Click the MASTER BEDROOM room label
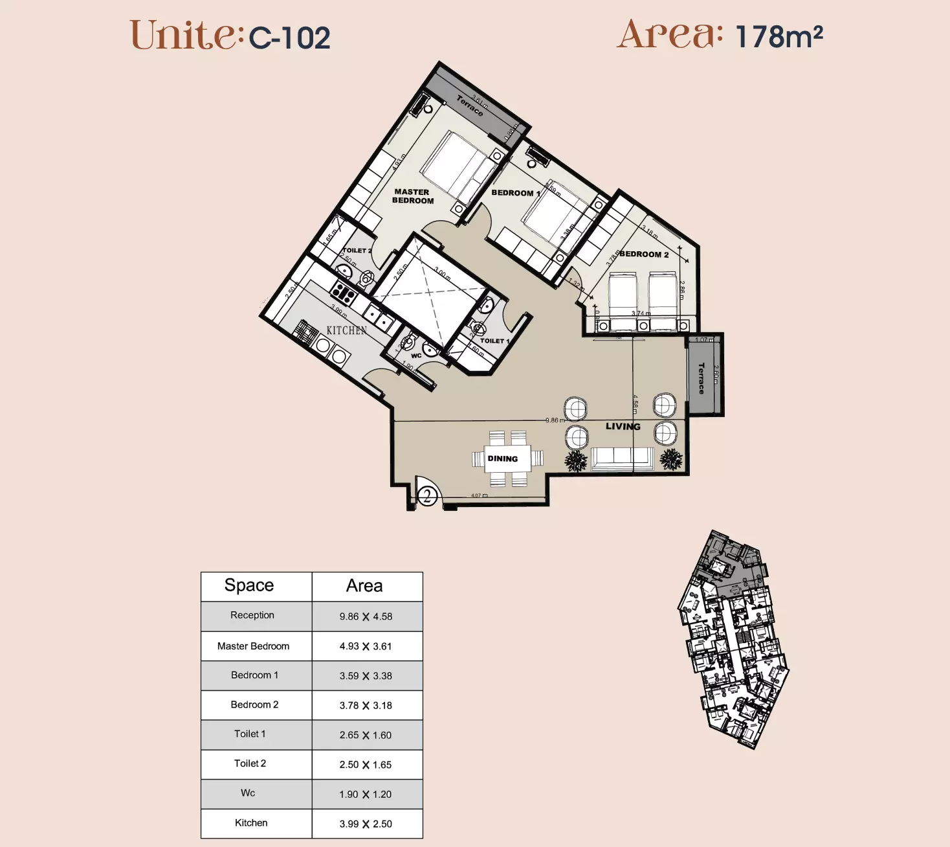[x=412, y=196]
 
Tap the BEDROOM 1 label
[x=515, y=193]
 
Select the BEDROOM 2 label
[x=644, y=254]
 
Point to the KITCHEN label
[x=346, y=330]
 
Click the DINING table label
[x=503, y=458]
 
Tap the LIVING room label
[x=623, y=426]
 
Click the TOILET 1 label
[x=494, y=341]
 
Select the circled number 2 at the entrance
[x=427, y=496]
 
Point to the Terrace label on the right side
[x=701, y=378]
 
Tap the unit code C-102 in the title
[x=290, y=38]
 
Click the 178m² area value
[x=779, y=37]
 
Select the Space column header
[x=249, y=585]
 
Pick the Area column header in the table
[x=364, y=586]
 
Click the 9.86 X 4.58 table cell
[x=366, y=616]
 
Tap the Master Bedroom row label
[x=253, y=646]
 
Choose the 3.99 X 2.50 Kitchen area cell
[x=366, y=824]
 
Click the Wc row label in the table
[x=248, y=793]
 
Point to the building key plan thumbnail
[x=733, y=640]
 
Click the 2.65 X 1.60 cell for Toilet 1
[x=366, y=735]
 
